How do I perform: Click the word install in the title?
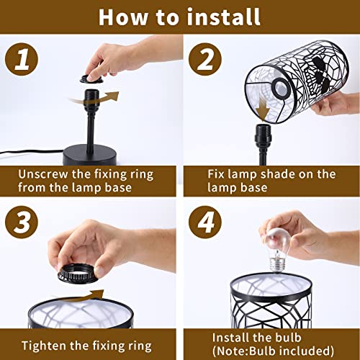coord(223,17)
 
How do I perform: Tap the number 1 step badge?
coord(22,59)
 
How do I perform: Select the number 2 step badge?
coord(205,59)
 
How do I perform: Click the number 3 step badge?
coord(22,222)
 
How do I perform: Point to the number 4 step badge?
coord(205,222)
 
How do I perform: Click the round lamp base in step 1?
coord(90,155)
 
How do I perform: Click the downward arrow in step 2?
coord(263,109)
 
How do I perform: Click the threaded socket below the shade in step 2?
coord(263,137)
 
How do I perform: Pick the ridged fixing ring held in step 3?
coord(78,274)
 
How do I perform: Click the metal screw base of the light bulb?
coord(276,265)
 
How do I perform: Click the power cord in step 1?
coord(32,152)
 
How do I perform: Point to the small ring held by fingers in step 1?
coord(91,79)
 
